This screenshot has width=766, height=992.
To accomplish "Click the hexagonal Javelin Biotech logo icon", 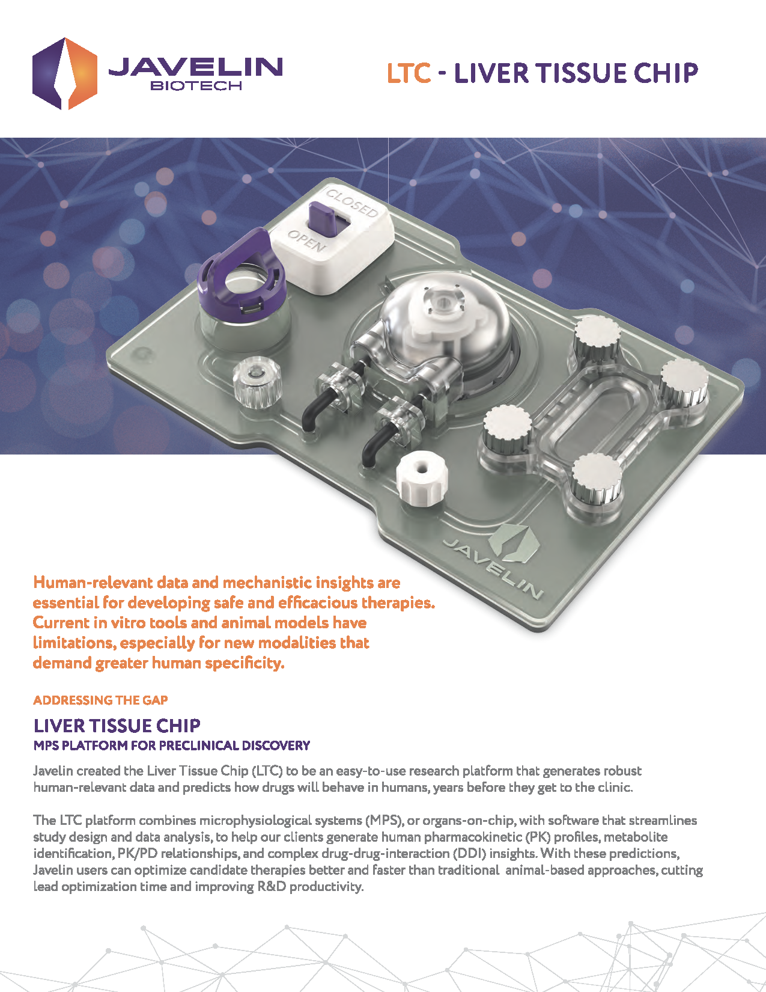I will (64, 73).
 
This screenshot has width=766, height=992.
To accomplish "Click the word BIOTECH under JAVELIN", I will (196, 86).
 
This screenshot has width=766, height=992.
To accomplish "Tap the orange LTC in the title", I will (409, 73).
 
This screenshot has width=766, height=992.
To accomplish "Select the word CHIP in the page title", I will (666, 73).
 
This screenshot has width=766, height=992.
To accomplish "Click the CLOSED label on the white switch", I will (352, 203).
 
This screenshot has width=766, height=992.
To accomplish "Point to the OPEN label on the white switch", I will (306, 241).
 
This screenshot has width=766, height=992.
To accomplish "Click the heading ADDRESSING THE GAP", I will (100, 700).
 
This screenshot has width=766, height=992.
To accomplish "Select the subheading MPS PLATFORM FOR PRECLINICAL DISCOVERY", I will (171, 746).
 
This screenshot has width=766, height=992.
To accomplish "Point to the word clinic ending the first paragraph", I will (615, 787).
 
